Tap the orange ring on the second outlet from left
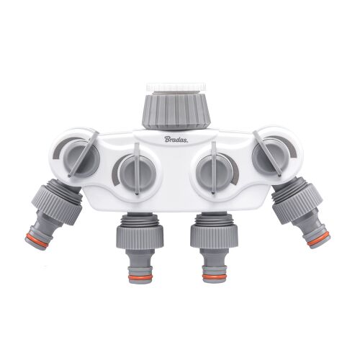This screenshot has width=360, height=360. [x=132, y=274]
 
